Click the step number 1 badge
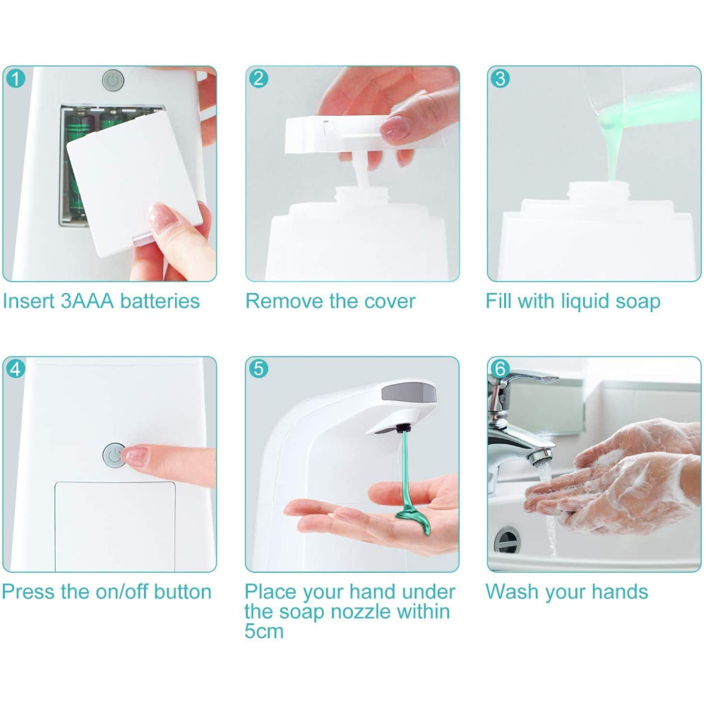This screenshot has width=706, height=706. coord(16,79)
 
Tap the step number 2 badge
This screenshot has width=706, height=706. coord(258,78)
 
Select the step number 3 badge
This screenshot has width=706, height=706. coord(501,78)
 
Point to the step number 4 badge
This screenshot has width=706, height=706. coord(16,369)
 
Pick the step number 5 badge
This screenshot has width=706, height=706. coord(258,369)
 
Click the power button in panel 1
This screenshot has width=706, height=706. coord(113,80)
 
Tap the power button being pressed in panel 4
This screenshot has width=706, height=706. coord(114,455)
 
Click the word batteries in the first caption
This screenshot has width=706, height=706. coord(160,301)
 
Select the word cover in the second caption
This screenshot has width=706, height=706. coord(390,301)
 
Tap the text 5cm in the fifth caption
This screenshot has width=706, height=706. coord(264,631)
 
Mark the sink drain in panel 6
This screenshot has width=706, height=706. coord(507,539)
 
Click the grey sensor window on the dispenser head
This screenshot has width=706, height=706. coord(409,392)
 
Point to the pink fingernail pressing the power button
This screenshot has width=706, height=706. coord(134,455)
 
